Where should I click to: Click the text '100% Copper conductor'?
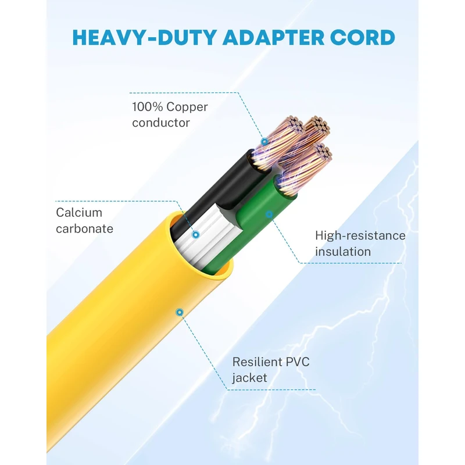pos(170,115)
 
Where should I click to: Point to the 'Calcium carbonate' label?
pos(84,221)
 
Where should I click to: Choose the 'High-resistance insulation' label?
pos(360,244)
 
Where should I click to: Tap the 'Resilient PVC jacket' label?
pos(271,370)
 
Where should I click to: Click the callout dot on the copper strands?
pos(264,141)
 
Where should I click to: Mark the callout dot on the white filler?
pos(195,234)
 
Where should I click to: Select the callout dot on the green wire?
pos(269,214)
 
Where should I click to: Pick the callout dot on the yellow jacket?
pos(180,312)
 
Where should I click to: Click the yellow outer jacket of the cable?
pos(116,337)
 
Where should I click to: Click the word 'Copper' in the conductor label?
pos(187,107)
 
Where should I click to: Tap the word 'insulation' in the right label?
pos(343,252)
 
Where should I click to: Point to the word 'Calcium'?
pos(79,213)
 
